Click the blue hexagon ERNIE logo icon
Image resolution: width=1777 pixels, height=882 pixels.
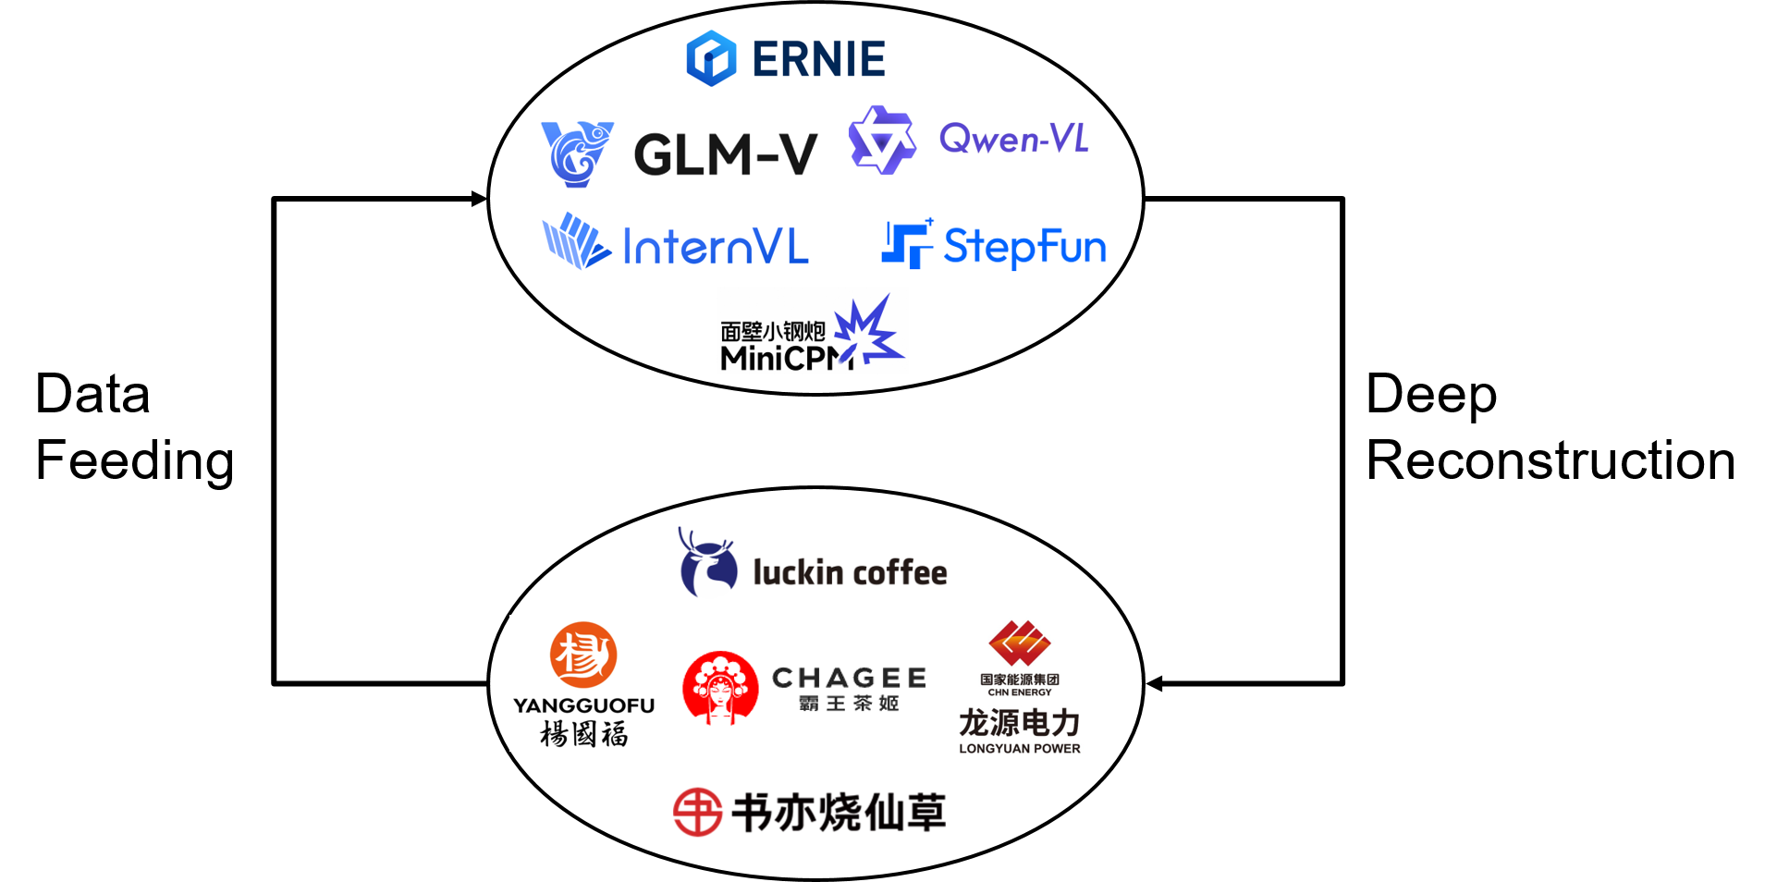click(x=711, y=58)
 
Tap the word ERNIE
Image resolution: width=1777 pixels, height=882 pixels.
click(x=819, y=59)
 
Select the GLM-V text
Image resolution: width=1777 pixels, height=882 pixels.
click(x=726, y=154)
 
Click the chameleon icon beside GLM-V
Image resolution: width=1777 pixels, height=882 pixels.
click(x=577, y=154)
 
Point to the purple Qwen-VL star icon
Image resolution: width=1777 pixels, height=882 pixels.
click(x=882, y=140)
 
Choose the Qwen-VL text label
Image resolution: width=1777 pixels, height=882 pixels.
click(x=1013, y=139)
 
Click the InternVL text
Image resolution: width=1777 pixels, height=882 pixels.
click(x=716, y=247)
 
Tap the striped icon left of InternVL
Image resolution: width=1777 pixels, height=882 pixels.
click(x=576, y=241)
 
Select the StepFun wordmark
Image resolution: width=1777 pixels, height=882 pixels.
click(x=1024, y=247)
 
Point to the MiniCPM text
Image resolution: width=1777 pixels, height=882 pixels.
click(x=787, y=358)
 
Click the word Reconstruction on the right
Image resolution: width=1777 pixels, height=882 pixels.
click(x=1550, y=460)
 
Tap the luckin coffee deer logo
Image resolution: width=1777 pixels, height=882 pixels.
click(x=707, y=562)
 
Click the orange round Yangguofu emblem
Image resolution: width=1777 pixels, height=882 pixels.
click(x=583, y=655)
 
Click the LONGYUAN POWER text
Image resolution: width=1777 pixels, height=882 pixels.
click(x=1020, y=749)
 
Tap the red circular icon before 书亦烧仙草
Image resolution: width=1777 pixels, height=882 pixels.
click(x=697, y=813)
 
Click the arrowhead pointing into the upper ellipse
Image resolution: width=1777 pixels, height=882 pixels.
click(x=479, y=199)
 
